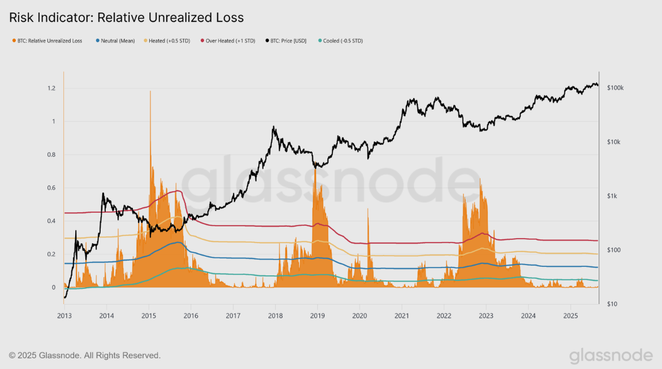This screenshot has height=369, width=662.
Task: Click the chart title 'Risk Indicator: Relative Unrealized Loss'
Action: coord(127,17)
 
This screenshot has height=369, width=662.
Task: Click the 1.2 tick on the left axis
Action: coord(51,89)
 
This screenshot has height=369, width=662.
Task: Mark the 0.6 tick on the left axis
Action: coord(51,188)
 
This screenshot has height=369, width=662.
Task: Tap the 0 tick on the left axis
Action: coord(54,288)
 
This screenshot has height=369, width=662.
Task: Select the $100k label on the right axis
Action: coord(615,89)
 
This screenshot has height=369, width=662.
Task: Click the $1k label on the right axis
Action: coord(612,196)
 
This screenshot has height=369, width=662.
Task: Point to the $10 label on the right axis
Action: coord(612,304)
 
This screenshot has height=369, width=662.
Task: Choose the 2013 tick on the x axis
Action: coord(64,315)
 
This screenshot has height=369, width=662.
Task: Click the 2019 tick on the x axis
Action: coord(318,315)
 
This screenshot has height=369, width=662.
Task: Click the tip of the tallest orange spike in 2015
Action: coord(150,91)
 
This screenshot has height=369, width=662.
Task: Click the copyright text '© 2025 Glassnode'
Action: coord(85,355)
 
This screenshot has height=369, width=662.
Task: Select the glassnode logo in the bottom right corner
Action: coord(611,355)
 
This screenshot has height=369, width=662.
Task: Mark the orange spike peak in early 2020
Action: coord(368,209)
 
